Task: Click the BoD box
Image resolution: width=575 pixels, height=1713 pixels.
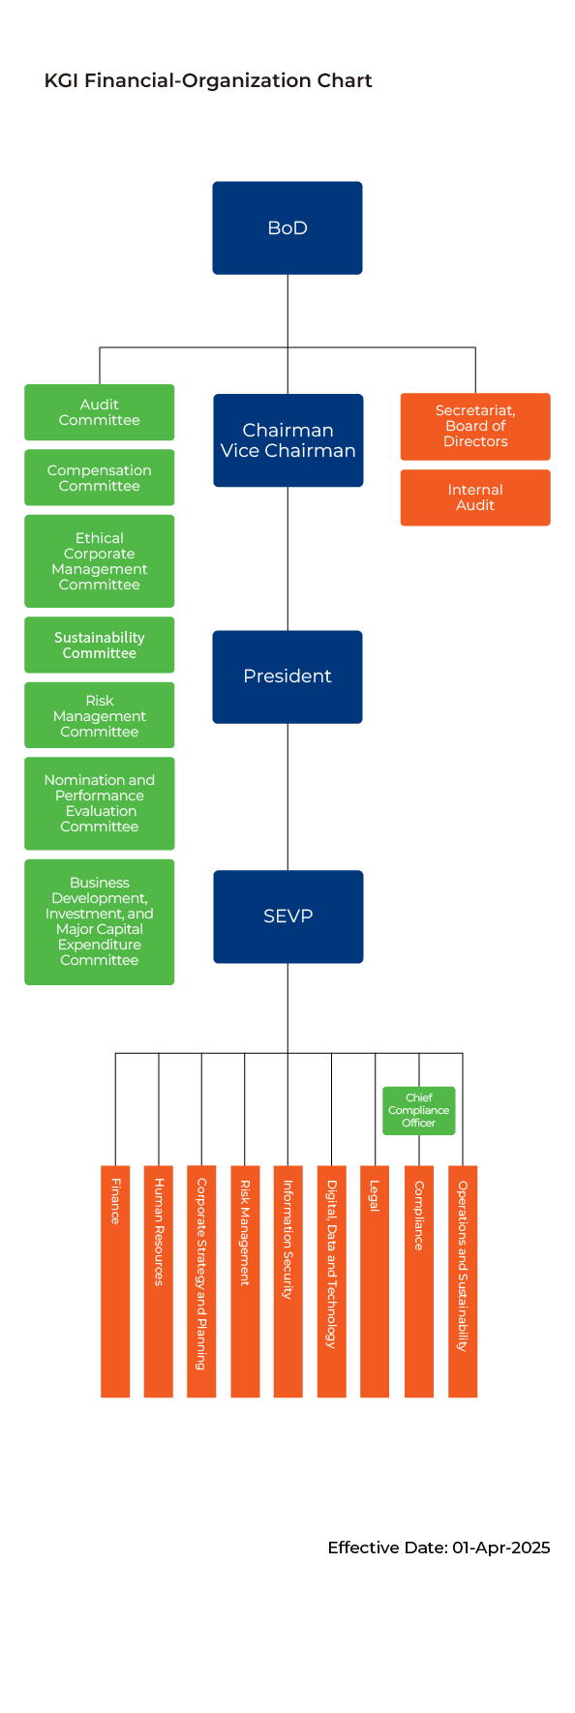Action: pyautogui.click(x=287, y=227)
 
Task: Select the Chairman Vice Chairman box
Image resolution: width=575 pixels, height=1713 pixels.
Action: pyautogui.click(x=288, y=440)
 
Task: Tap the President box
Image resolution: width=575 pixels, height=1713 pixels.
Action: pyautogui.click(x=287, y=676)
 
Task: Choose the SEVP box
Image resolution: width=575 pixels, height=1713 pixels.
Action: pyautogui.click(x=288, y=917)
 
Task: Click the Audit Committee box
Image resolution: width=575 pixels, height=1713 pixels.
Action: pyautogui.click(x=100, y=412)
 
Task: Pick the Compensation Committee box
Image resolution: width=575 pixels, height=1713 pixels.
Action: pyautogui.click(x=100, y=477)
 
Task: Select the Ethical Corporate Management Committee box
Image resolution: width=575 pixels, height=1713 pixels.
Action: pyautogui.click(x=100, y=561)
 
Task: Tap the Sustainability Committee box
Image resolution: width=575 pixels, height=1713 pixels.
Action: pyautogui.click(x=100, y=645)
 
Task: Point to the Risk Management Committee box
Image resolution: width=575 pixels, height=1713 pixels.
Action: pyautogui.click(x=100, y=715)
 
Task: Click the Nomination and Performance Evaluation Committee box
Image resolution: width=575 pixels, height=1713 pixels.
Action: pyautogui.click(x=100, y=803)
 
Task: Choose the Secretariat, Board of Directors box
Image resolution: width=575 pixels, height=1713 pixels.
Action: pyautogui.click(x=475, y=426)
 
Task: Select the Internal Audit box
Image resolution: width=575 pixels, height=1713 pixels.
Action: pyautogui.click(x=475, y=497)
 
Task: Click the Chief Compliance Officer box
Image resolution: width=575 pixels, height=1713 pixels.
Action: pyautogui.click(x=419, y=1110)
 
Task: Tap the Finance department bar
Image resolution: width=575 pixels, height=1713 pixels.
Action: pyautogui.click(x=115, y=1281)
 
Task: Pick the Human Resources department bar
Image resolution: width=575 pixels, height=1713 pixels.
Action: pyautogui.click(x=159, y=1281)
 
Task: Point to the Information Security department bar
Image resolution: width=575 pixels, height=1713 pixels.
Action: pyautogui.click(x=288, y=1281)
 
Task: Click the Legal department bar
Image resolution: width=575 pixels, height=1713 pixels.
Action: pyautogui.click(x=375, y=1281)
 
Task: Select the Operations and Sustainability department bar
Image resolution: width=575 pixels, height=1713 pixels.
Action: pyautogui.click(x=463, y=1281)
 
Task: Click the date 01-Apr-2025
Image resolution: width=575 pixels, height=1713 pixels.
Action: pyautogui.click(x=500, y=1548)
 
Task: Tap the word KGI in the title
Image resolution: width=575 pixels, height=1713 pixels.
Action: pyautogui.click(x=62, y=80)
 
